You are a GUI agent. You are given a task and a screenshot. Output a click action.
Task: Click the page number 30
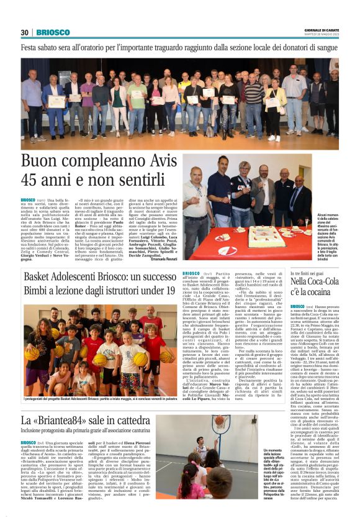click(x=25, y=32)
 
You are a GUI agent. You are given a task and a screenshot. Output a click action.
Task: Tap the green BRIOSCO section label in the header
click(x=53, y=32)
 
